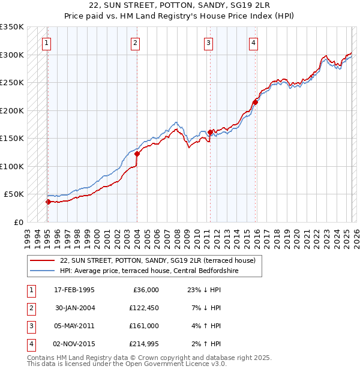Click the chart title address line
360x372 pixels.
pyautogui.click(x=180, y=7)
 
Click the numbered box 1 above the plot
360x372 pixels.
pyautogui.click(x=47, y=43)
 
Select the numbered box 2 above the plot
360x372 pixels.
pyautogui.click(x=136, y=43)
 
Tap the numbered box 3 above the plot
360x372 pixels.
pyautogui.click(x=208, y=43)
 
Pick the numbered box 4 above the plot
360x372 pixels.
pyautogui.click(x=254, y=43)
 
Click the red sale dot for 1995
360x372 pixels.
pyautogui.click(x=48, y=202)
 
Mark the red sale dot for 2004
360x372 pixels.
pyautogui.click(x=137, y=154)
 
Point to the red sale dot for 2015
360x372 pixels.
pyautogui.click(x=255, y=102)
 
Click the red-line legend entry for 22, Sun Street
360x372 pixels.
pyautogui.click(x=158, y=260)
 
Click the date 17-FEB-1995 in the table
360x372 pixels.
pyautogui.click(x=74, y=290)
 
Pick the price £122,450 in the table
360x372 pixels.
pyautogui.click(x=142, y=308)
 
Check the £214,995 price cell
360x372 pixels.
pyautogui.click(x=142, y=344)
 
